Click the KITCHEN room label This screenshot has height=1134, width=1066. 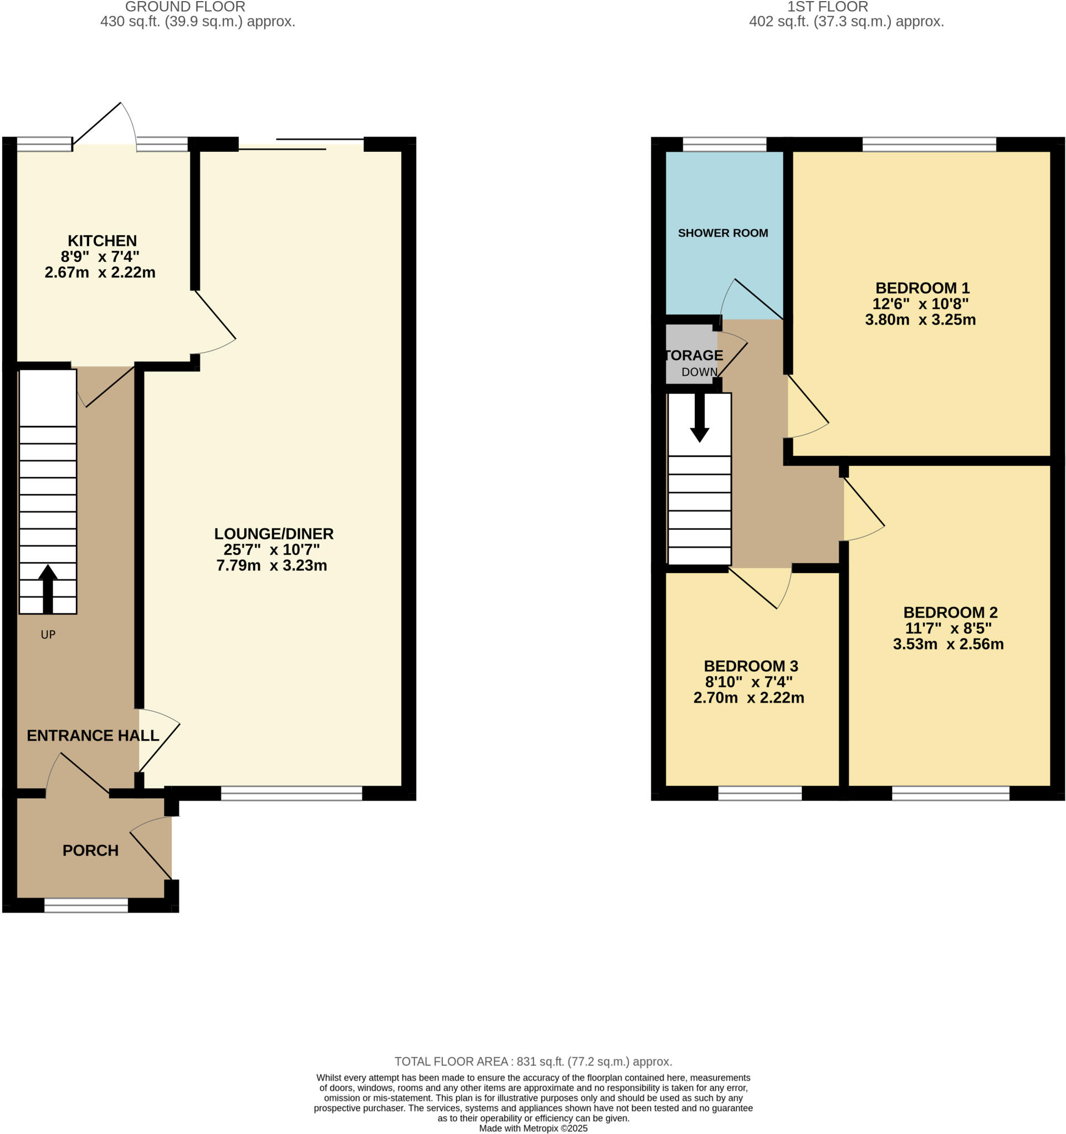102,241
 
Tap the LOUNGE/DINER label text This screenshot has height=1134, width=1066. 273,534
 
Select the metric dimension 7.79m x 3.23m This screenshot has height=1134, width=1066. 271,565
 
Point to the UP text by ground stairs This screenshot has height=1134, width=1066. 48,635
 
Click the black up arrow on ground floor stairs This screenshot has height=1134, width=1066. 48,587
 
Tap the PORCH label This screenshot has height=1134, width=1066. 90,850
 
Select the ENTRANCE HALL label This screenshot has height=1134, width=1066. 93,735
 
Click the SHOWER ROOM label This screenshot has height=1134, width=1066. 722,233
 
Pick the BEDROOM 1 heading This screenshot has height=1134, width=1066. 922,288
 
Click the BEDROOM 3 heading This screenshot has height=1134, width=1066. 750,666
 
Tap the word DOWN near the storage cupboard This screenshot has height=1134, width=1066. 699,372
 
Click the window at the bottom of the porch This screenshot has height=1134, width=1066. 86,905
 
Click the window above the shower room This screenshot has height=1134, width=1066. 724,145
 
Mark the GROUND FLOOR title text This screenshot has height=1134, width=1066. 185,7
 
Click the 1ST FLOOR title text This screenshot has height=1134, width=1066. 827,7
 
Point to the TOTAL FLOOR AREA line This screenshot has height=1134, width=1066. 533,1061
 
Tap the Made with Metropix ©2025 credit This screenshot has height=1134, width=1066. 533,1128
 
